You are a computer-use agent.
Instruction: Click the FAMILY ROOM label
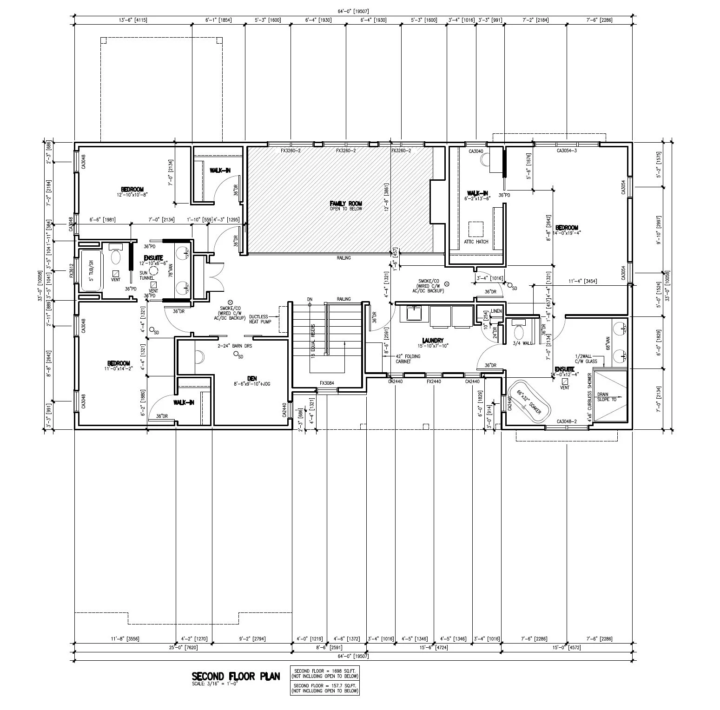tap(345, 204)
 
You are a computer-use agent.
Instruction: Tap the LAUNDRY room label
tap(433, 341)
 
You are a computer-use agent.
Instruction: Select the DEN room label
tap(252, 379)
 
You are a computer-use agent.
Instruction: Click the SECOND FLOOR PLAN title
tap(236, 676)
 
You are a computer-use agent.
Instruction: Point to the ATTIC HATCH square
tap(476, 229)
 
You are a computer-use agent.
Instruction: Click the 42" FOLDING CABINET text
tap(408, 359)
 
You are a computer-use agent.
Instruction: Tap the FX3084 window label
tap(327, 383)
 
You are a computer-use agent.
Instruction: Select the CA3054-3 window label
tap(567, 151)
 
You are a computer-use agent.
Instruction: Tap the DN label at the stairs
tap(310, 299)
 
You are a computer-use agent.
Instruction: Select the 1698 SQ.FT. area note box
tap(325, 674)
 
